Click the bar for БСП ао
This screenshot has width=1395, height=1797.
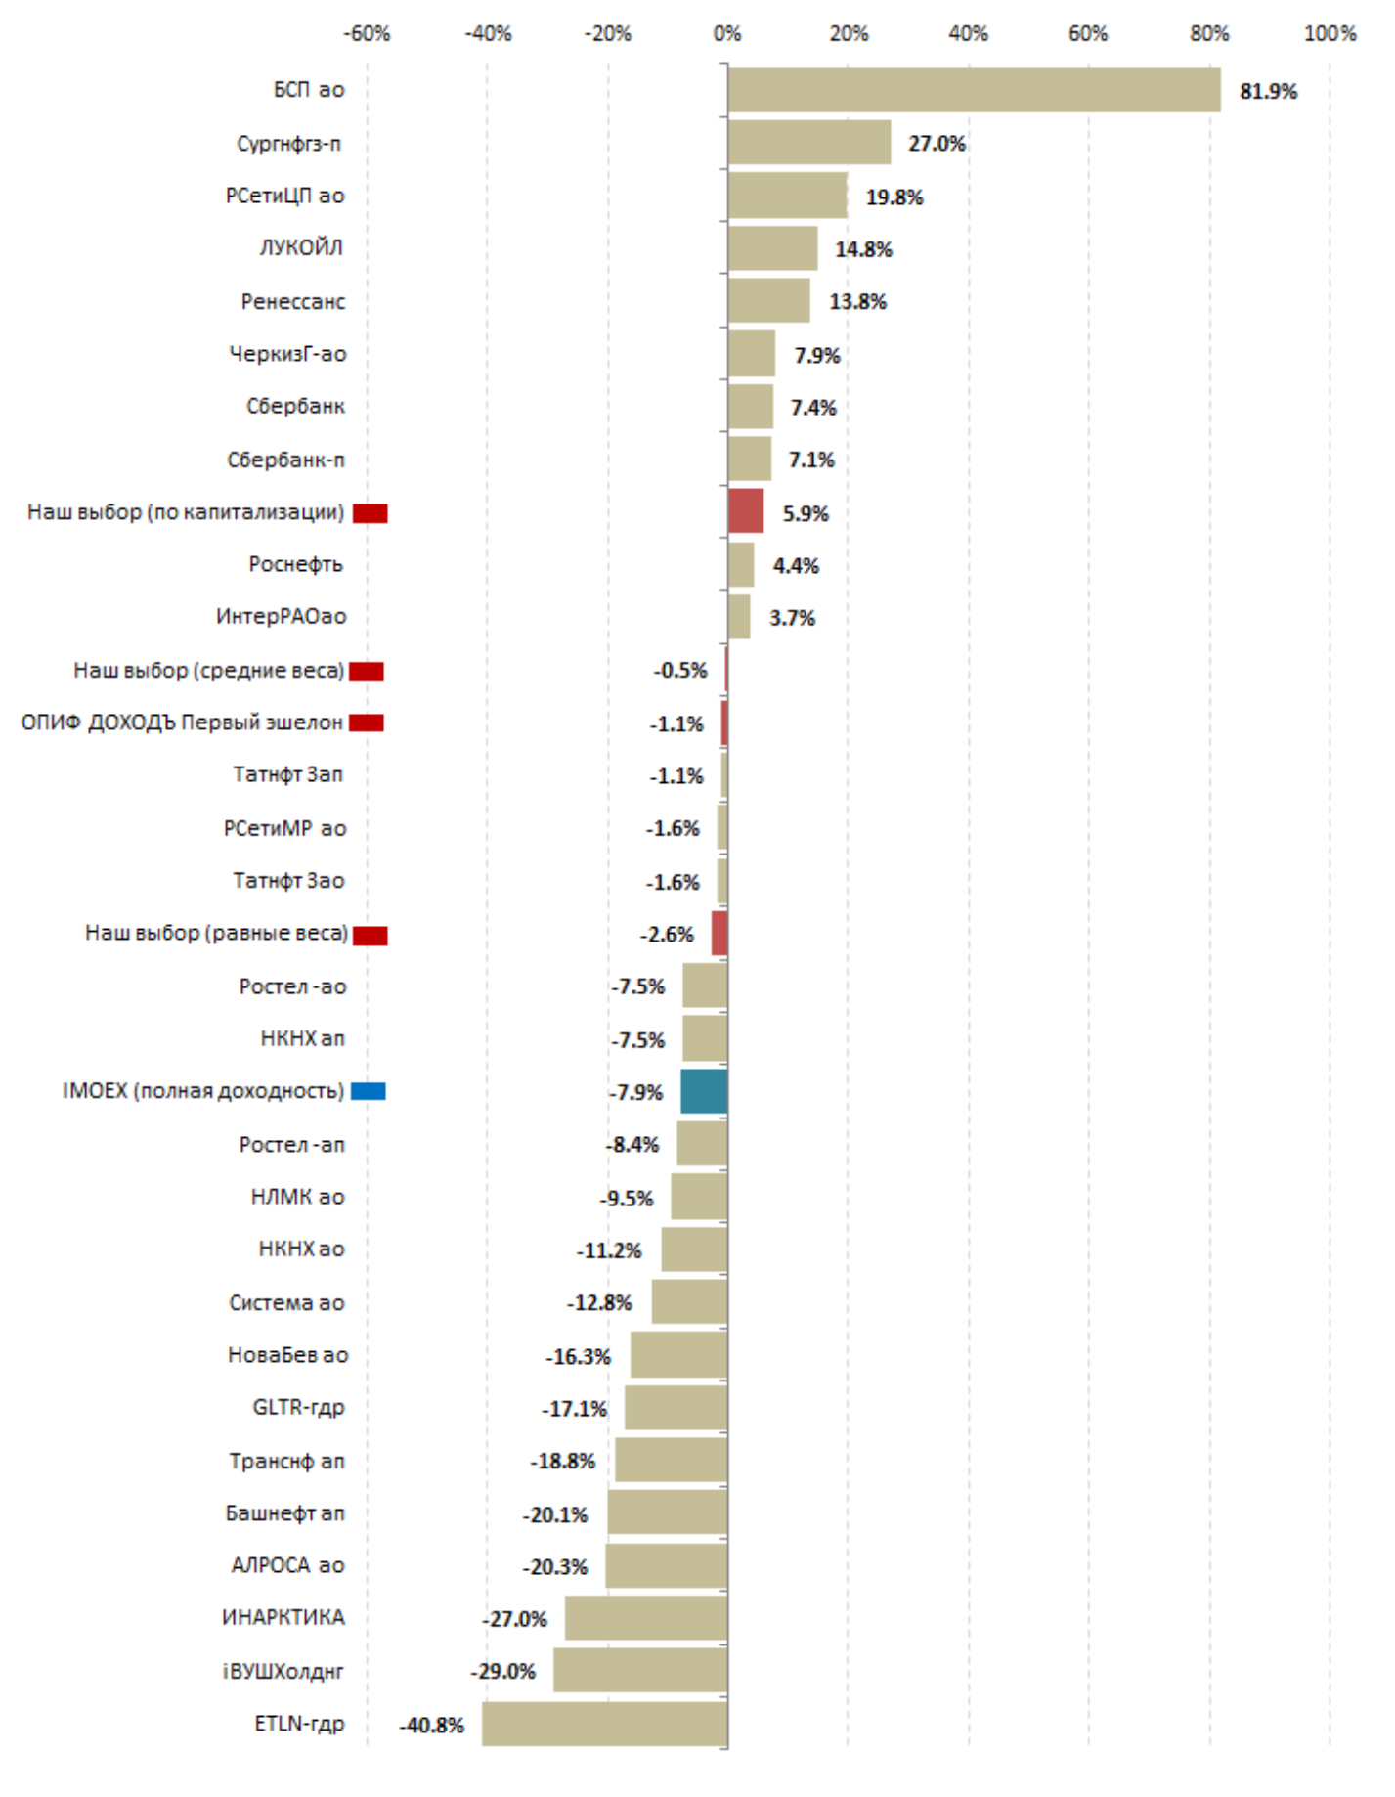click(974, 90)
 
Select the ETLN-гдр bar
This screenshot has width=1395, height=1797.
click(604, 1724)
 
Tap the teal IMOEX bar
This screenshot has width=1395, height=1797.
click(704, 1091)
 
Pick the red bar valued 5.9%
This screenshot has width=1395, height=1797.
click(746, 511)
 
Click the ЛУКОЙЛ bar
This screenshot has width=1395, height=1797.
click(772, 248)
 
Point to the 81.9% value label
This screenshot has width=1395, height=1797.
click(1268, 91)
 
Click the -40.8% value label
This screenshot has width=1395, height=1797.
click(431, 1725)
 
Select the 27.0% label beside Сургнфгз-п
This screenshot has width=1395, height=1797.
click(937, 144)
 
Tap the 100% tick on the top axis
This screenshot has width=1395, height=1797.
click(1330, 34)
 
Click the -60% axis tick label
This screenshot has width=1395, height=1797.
click(367, 34)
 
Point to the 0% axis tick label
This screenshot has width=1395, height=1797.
click(727, 34)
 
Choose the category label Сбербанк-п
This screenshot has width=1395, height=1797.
click(285, 460)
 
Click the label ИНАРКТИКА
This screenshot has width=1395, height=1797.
click(283, 1617)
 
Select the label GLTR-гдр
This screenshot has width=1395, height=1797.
click(298, 1407)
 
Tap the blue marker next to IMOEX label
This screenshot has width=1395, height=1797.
click(369, 1091)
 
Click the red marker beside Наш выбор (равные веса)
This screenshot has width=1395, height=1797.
click(371, 936)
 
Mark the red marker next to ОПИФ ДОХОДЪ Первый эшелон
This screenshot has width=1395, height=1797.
click(367, 723)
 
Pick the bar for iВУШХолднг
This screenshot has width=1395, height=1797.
click(640, 1670)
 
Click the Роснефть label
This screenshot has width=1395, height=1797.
click(295, 564)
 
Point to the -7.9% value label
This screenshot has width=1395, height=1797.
click(636, 1092)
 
